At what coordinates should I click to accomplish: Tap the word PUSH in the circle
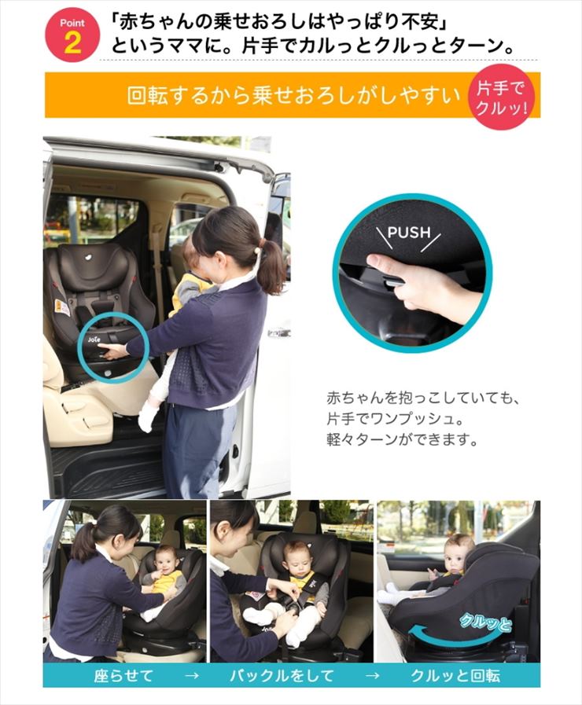coord(409,233)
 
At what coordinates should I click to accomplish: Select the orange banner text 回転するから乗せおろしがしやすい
coord(294,95)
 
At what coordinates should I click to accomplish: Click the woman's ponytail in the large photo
coord(271,266)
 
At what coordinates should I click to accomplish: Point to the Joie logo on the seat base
coord(94,339)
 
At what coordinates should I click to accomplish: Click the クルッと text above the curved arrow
coord(484,623)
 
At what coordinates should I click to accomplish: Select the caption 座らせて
coord(123,675)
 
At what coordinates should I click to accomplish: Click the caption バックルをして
coord(282,675)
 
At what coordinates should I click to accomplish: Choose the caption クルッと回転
coord(455,675)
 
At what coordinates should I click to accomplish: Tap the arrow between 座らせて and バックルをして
coord(192,676)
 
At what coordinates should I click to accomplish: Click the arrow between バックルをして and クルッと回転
coord(372,676)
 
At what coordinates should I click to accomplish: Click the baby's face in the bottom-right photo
coord(458,554)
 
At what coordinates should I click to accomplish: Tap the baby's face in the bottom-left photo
coord(166,562)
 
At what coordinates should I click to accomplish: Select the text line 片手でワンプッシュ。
coord(395,420)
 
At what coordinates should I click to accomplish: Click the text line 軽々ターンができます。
coord(402,439)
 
